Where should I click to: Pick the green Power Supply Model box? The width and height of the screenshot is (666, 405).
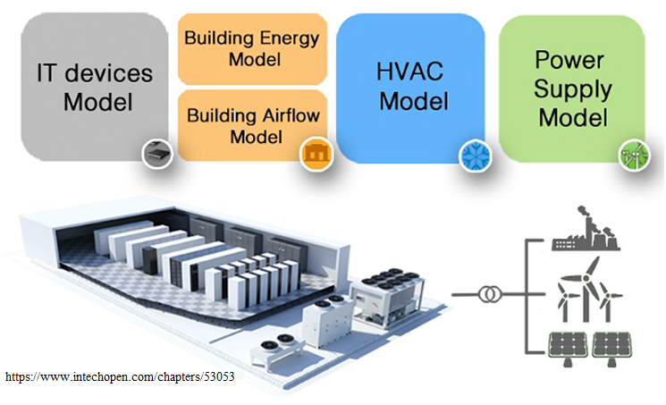573,87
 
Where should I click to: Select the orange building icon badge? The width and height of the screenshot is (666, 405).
314,155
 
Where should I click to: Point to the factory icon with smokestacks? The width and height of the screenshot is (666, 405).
586,230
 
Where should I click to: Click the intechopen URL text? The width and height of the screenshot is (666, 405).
120,377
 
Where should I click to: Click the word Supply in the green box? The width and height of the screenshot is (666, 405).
573,89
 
